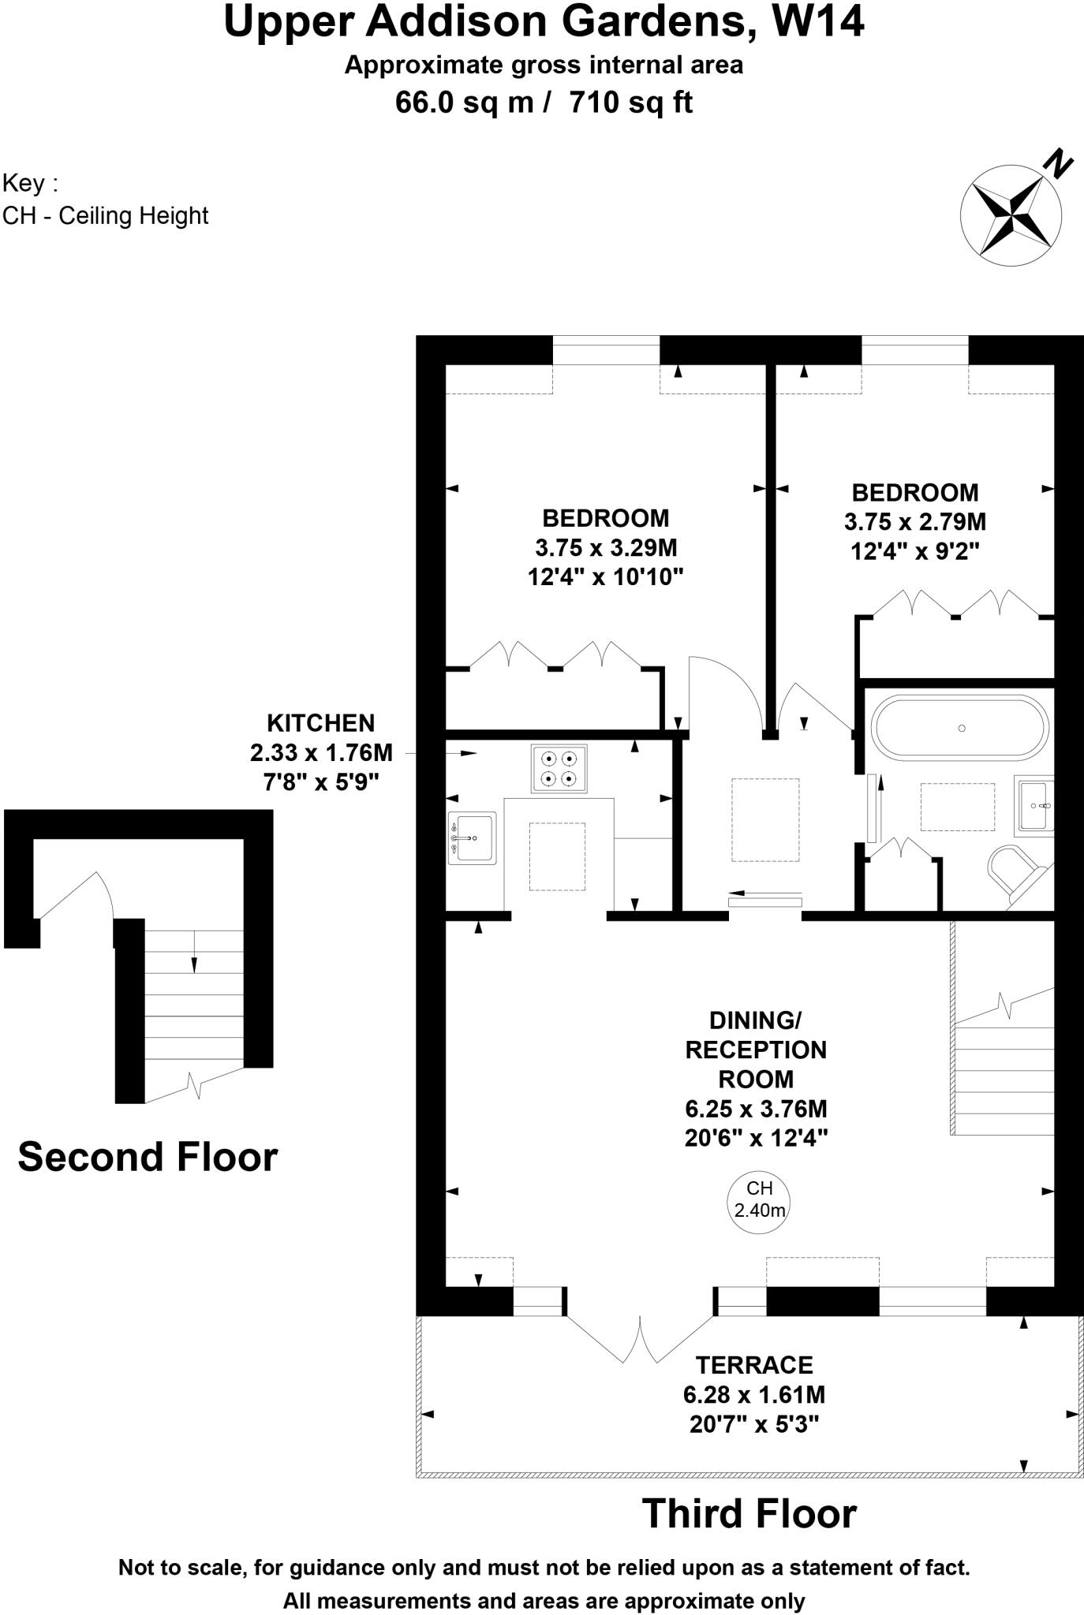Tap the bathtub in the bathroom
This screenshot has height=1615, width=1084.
tap(960, 727)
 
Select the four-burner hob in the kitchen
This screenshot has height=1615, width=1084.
tap(559, 769)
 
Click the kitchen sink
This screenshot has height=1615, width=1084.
tap(473, 837)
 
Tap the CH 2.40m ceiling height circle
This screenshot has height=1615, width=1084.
tap(758, 1199)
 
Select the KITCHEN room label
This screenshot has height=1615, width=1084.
tap(320, 723)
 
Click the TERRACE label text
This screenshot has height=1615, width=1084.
tap(753, 1365)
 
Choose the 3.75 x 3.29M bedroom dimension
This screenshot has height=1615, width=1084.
tap(606, 547)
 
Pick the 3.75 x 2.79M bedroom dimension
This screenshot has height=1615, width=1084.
tap(914, 522)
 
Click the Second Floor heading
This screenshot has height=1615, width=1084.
tap(148, 1157)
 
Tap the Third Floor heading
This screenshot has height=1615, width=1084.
tap(749, 1514)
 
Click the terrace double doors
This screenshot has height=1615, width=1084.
tap(640, 1337)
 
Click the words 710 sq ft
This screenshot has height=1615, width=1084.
tap(630, 103)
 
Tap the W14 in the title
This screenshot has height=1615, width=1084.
tap(817, 22)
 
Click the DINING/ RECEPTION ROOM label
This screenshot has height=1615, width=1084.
tap(755, 1050)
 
